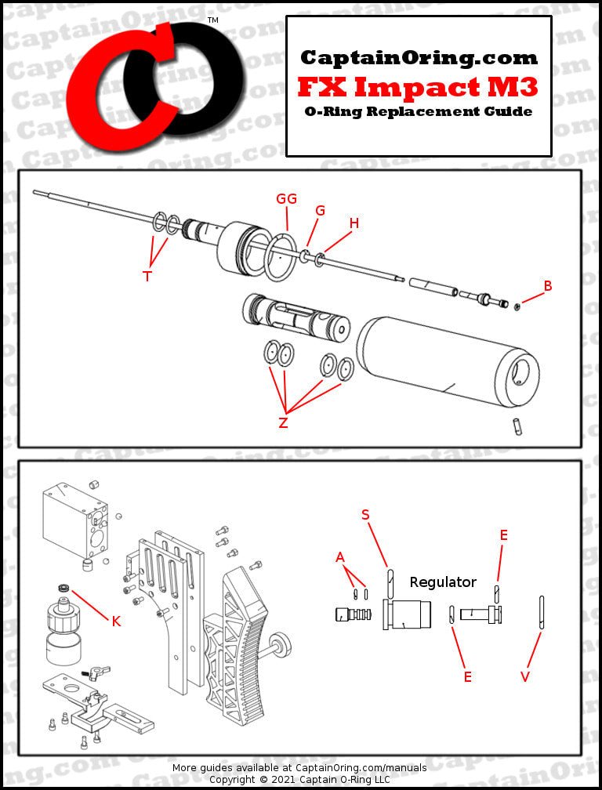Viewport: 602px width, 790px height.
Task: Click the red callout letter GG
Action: tap(286, 199)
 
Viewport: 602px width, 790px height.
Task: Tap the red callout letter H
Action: tap(354, 223)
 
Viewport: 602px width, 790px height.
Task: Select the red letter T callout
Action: tap(147, 276)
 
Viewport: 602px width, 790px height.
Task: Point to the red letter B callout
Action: tap(548, 286)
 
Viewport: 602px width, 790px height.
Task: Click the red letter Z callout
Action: tap(283, 423)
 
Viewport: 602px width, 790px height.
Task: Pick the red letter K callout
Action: tap(116, 621)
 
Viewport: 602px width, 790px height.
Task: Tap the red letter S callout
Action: tap(365, 514)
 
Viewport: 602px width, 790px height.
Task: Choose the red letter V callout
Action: tap(525, 676)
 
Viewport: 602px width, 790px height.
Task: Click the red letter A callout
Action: tap(340, 557)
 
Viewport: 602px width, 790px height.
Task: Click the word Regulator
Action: tap(443, 582)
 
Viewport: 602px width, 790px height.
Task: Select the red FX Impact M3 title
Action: tap(418, 85)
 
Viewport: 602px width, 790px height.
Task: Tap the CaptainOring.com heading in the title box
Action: tap(419, 57)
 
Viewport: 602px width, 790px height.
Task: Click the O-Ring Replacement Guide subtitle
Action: tap(419, 111)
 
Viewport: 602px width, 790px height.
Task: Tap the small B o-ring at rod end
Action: tap(517, 306)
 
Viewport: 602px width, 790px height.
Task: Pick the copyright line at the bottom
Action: tap(299, 779)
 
